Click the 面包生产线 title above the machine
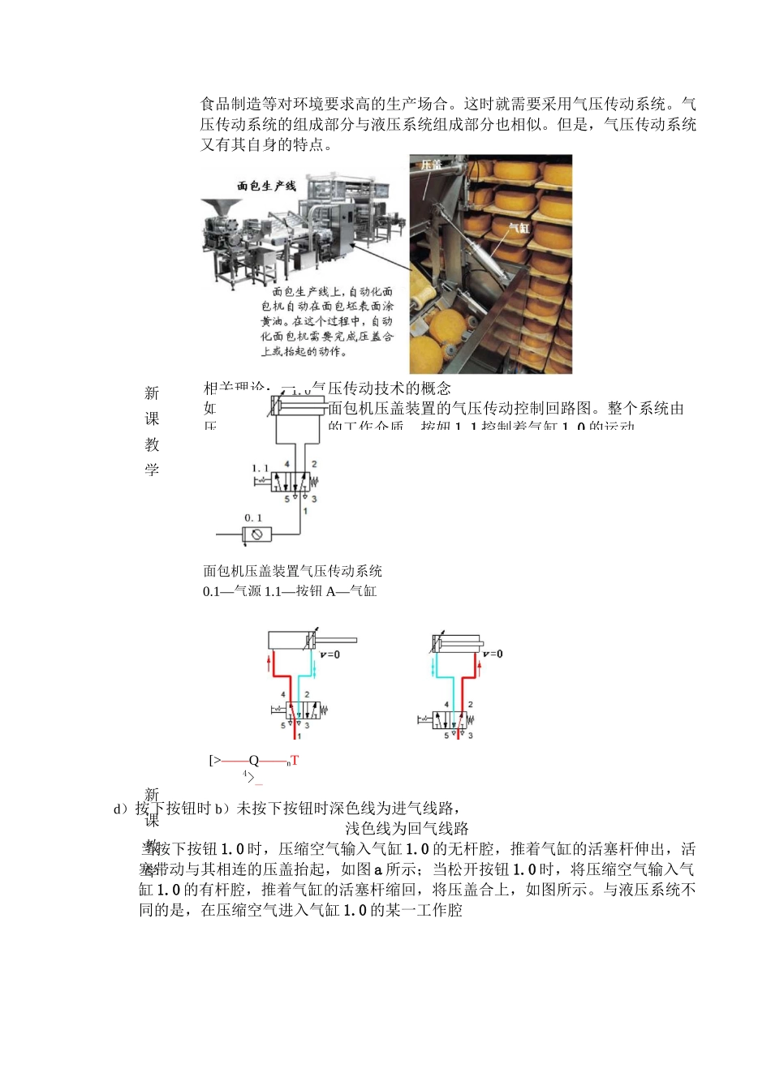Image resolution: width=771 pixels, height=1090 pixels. tap(266, 186)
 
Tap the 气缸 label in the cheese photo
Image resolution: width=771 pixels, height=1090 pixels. tap(519, 228)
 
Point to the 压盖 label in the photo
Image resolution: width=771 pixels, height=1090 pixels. tap(431, 165)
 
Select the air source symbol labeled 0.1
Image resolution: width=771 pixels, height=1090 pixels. tap(257, 534)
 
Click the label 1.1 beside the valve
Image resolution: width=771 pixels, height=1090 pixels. tap(260, 468)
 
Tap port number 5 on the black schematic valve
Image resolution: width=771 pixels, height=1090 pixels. tap(286, 499)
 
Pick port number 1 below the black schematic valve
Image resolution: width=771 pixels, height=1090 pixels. tap(305, 511)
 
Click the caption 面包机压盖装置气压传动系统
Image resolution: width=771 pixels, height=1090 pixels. tap(292, 571)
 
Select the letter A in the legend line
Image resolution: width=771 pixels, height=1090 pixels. tap(331, 591)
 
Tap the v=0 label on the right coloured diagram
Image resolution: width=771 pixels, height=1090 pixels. tap(493, 654)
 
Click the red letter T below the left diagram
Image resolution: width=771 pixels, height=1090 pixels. tap(295, 761)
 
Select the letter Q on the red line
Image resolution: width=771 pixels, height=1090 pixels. tap(254, 761)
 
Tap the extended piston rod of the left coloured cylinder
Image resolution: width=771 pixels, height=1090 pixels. tap(337, 641)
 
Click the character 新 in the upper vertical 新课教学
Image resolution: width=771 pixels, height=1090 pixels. tap(152, 393)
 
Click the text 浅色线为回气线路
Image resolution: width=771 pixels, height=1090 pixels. tap(407, 828)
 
